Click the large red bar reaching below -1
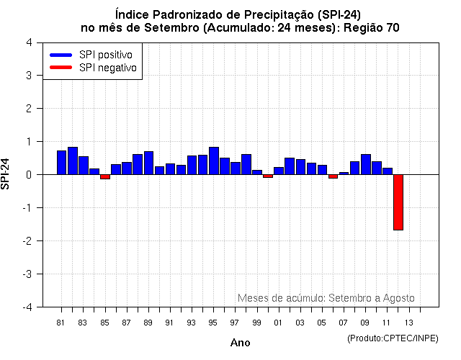(398, 202)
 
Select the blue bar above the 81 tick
(61, 162)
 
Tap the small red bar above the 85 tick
(104, 176)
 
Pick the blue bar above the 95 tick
(213, 161)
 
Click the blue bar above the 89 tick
(148, 163)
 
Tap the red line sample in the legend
(61, 67)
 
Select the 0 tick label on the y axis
(28, 174)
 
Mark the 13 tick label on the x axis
(408, 323)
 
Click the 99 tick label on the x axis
(256, 323)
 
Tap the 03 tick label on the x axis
(300, 323)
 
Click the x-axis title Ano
(240, 343)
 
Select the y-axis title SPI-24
(6, 174)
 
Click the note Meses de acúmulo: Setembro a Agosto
(326, 297)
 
